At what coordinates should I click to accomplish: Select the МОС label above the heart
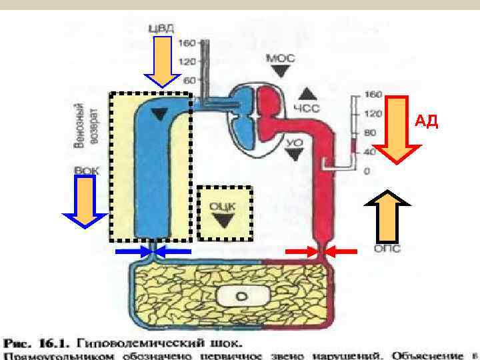coord(277,58)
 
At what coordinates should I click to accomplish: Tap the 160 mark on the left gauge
coord(187,43)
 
